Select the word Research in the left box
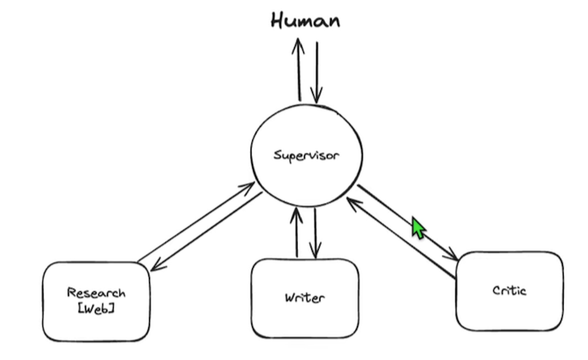[97, 293]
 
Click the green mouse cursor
[418, 227]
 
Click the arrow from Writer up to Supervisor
[298, 232]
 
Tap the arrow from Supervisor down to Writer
[315, 232]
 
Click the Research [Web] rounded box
[96, 300]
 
